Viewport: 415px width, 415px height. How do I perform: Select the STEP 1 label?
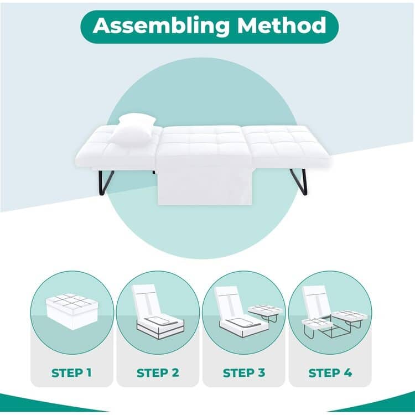72,372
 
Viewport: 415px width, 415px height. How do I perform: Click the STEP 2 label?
158,372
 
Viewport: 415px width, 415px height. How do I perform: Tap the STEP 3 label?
244,372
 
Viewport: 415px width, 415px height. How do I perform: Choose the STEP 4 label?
330,372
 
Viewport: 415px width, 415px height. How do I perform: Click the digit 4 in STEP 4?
347,372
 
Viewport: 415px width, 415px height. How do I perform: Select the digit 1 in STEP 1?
89,372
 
